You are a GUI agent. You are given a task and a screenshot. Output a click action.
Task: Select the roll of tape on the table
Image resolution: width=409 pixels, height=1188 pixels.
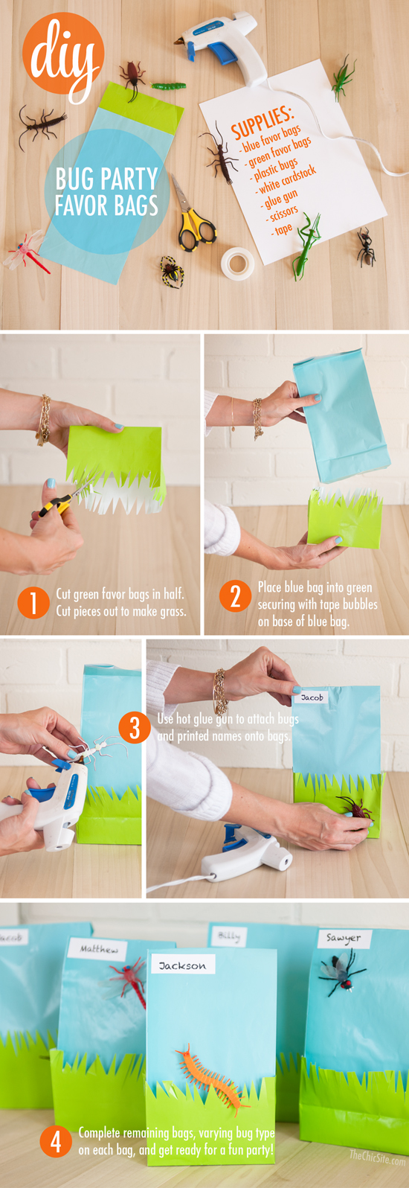point(238,261)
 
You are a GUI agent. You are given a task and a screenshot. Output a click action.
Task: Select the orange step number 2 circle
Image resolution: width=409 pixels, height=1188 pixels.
point(235,596)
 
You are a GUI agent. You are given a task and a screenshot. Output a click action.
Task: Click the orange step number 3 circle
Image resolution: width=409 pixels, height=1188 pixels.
point(135,726)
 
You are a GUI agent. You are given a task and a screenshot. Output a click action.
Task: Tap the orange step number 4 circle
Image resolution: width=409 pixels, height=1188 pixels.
point(56,1142)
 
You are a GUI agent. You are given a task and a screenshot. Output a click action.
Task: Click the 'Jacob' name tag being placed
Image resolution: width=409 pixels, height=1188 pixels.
point(312,697)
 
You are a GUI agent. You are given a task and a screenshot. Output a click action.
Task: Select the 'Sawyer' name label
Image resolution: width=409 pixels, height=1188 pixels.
point(343,938)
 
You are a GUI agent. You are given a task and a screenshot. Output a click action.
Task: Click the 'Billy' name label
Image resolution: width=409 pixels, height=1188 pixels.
point(229,936)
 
